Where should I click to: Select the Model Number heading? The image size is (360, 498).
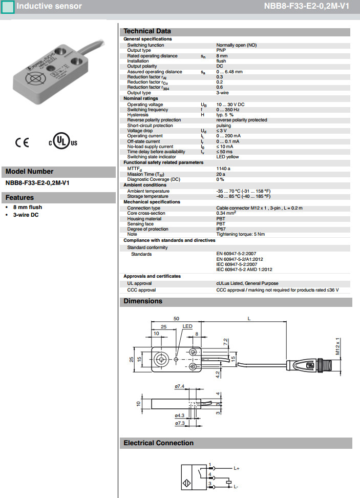(x=29, y=172)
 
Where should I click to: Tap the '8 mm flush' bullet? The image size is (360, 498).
(x=28, y=207)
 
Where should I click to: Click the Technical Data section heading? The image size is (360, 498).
(x=147, y=31)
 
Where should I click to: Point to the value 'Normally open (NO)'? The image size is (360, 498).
(x=236, y=45)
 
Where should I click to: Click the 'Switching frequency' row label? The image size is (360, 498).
(x=147, y=110)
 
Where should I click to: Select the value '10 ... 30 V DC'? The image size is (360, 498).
(x=230, y=105)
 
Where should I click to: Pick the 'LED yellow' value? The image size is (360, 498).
(x=227, y=157)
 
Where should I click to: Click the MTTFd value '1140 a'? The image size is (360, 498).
(x=223, y=168)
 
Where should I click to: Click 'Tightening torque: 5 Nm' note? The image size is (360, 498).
(x=240, y=234)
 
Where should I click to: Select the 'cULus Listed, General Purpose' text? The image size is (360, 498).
(x=247, y=283)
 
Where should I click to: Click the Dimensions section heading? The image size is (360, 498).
(x=143, y=301)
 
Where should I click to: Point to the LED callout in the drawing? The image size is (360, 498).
(x=187, y=326)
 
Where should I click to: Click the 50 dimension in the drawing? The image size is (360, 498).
(x=176, y=319)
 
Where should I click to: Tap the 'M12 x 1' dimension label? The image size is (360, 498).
(x=338, y=346)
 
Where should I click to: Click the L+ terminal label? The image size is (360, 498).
(x=237, y=468)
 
